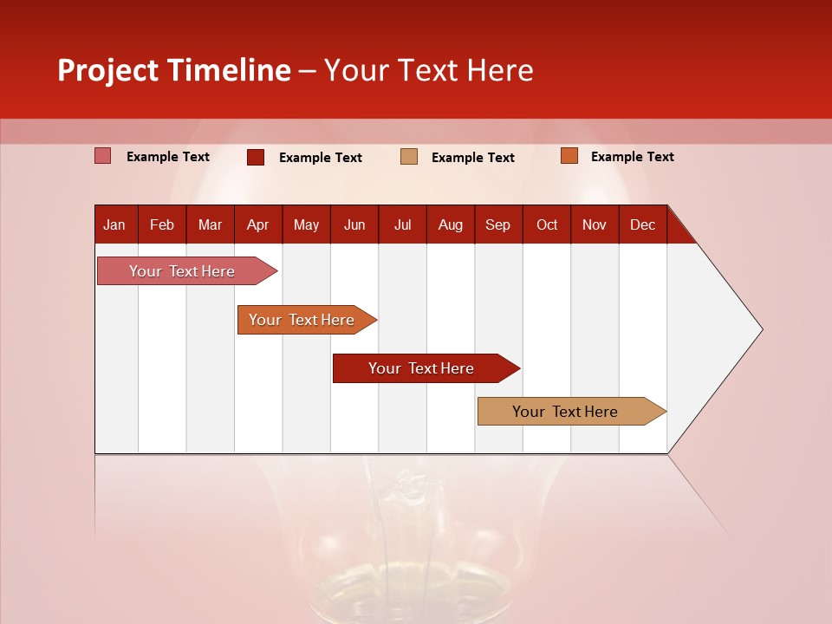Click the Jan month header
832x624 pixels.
click(114, 224)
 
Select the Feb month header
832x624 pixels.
click(162, 224)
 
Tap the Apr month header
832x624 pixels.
click(257, 224)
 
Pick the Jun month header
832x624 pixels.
click(354, 224)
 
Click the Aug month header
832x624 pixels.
click(450, 224)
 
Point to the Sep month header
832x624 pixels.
click(497, 224)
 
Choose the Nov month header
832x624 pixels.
click(594, 224)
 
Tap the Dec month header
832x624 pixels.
click(642, 224)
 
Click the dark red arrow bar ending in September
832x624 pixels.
click(422, 368)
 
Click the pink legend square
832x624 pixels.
click(102, 156)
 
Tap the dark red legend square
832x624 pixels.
click(255, 157)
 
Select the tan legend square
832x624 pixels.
click(409, 156)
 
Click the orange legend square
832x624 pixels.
click(569, 156)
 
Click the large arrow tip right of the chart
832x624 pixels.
click(728, 329)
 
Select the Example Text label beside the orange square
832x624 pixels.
click(632, 156)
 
